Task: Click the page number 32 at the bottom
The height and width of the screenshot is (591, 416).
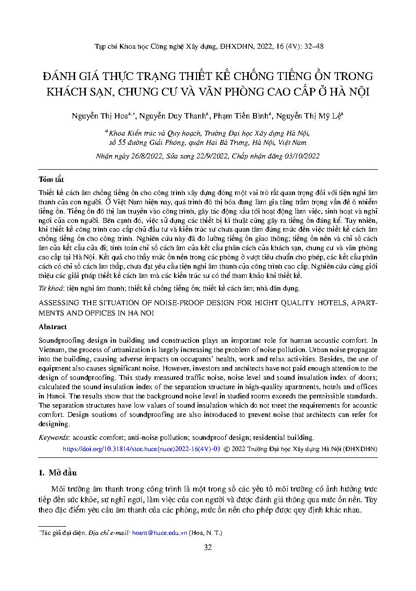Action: click(x=208, y=547)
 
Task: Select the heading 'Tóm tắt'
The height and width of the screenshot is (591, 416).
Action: click(x=51, y=179)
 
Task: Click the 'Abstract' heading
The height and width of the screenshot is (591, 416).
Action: click(x=53, y=327)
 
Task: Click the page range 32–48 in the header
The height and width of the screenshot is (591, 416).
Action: click(x=312, y=47)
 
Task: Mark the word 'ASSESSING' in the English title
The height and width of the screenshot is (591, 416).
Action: click(x=59, y=303)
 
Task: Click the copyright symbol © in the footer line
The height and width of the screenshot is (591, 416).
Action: click(x=227, y=449)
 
